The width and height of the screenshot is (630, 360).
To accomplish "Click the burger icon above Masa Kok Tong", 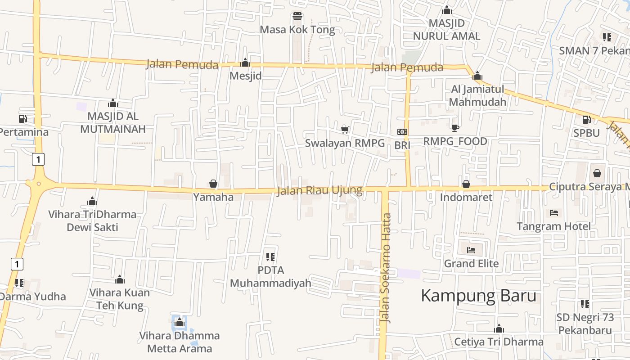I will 297,17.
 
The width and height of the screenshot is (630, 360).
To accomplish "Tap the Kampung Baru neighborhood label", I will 478,296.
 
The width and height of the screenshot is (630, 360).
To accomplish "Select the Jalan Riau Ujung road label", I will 319,190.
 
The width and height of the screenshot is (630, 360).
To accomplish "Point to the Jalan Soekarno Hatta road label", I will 385,268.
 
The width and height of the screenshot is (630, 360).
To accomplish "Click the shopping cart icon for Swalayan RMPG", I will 345,130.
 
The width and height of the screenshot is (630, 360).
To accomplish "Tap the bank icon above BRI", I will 402,132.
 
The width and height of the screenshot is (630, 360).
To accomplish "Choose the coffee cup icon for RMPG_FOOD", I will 455,128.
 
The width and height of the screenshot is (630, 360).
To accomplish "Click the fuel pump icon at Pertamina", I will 22,119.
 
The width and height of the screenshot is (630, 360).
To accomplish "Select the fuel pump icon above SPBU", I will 586,120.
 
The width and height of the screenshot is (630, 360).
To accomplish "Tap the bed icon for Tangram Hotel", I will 554,213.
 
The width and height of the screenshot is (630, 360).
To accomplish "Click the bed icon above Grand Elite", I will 471,250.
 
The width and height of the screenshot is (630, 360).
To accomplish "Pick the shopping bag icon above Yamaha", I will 213,184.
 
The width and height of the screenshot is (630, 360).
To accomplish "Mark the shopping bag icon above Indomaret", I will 466,184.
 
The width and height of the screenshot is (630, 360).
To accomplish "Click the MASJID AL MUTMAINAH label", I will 113,122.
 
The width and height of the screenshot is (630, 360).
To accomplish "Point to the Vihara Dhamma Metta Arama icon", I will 180,322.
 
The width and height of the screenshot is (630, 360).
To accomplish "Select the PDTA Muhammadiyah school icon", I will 270,257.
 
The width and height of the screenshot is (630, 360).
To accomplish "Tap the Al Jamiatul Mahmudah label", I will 477,95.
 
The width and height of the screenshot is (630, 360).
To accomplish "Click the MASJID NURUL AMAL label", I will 446,29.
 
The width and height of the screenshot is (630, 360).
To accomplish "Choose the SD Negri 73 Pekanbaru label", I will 585,324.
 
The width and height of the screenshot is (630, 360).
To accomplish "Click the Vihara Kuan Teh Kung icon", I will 119,279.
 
